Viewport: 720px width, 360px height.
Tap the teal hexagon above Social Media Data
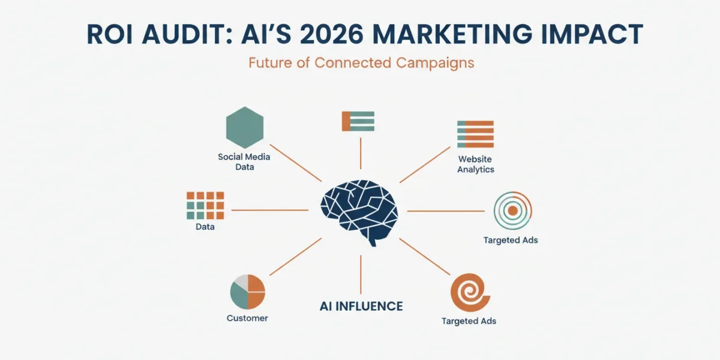[x=245, y=127]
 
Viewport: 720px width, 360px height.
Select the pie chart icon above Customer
[x=247, y=292]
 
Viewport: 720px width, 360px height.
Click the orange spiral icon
[x=470, y=293]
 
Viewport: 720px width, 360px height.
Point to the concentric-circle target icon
[x=512, y=211]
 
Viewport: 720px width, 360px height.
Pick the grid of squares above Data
[x=205, y=205]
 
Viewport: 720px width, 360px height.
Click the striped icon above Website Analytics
[x=475, y=134]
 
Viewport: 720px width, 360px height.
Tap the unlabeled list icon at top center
[x=358, y=121]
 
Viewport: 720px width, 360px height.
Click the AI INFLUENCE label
[x=361, y=307]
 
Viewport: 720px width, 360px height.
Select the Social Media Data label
[x=244, y=161]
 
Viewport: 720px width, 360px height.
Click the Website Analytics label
[x=476, y=164]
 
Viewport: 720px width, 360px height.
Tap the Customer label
[x=247, y=318]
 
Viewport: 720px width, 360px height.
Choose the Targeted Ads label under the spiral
[x=469, y=321]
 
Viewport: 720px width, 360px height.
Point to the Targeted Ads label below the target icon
[x=511, y=240]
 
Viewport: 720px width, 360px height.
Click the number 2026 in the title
[x=331, y=34]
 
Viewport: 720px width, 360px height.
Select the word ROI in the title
[x=109, y=34]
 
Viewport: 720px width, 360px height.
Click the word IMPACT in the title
[x=592, y=34]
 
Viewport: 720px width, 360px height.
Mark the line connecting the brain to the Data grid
[x=269, y=210]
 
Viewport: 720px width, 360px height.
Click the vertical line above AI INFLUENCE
[x=361, y=275]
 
